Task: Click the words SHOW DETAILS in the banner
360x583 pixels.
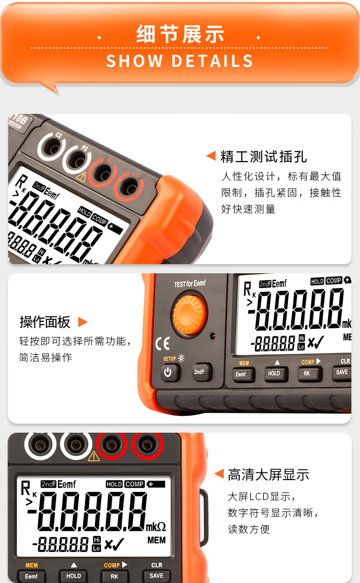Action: pyautogui.click(x=180, y=61)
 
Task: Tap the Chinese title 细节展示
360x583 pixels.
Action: pyautogui.click(x=180, y=34)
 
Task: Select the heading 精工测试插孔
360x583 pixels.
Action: pyautogui.click(x=263, y=157)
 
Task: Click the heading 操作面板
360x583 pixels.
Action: pyautogui.click(x=45, y=322)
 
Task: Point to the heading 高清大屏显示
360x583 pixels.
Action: pyautogui.click(x=268, y=475)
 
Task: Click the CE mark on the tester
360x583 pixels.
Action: pyautogui.click(x=163, y=343)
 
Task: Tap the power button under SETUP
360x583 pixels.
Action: pyautogui.click(x=170, y=372)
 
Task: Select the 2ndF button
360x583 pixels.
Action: pyautogui.click(x=202, y=372)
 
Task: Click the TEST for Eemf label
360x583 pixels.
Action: pyautogui.click(x=190, y=283)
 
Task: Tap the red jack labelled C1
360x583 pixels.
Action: pyautogui.click(x=129, y=186)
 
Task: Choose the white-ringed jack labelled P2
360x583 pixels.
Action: pyautogui.click(x=77, y=160)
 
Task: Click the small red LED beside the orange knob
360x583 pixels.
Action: pyautogui.click(x=213, y=336)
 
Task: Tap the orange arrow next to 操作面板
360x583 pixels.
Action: pyautogui.click(x=82, y=322)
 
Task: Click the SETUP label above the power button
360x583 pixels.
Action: pyautogui.click(x=170, y=359)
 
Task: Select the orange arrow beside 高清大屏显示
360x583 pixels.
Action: pyautogui.click(x=219, y=473)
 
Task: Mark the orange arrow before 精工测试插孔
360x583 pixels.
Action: pyautogui.click(x=211, y=156)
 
